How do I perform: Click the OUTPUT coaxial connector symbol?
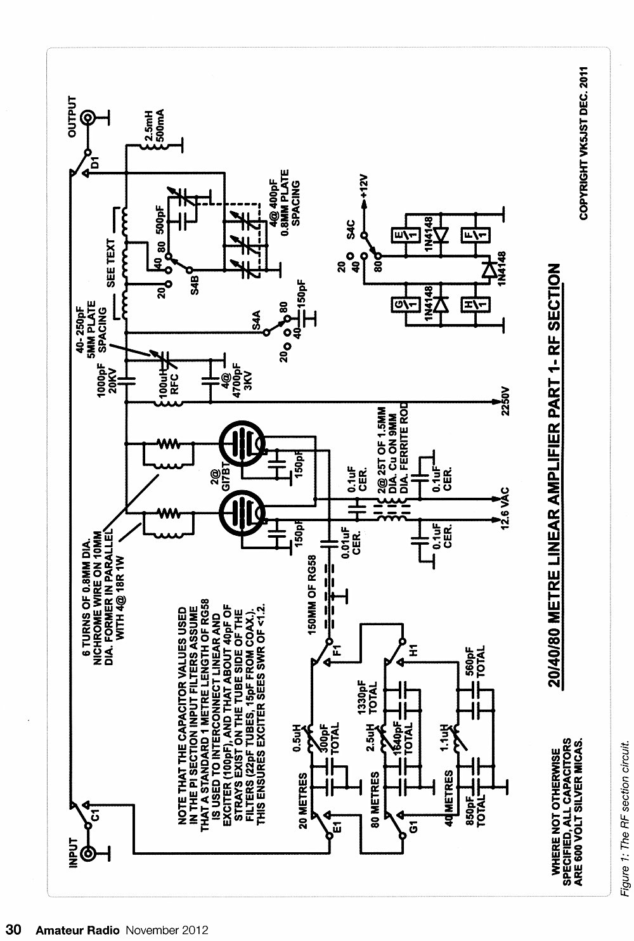[88, 118]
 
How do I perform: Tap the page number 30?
[13, 929]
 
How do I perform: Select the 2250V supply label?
[505, 401]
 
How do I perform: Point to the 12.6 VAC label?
[505, 509]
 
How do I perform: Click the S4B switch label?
[194, 285]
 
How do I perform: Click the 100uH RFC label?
[169, 382]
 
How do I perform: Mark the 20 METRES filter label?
[302, 801]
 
